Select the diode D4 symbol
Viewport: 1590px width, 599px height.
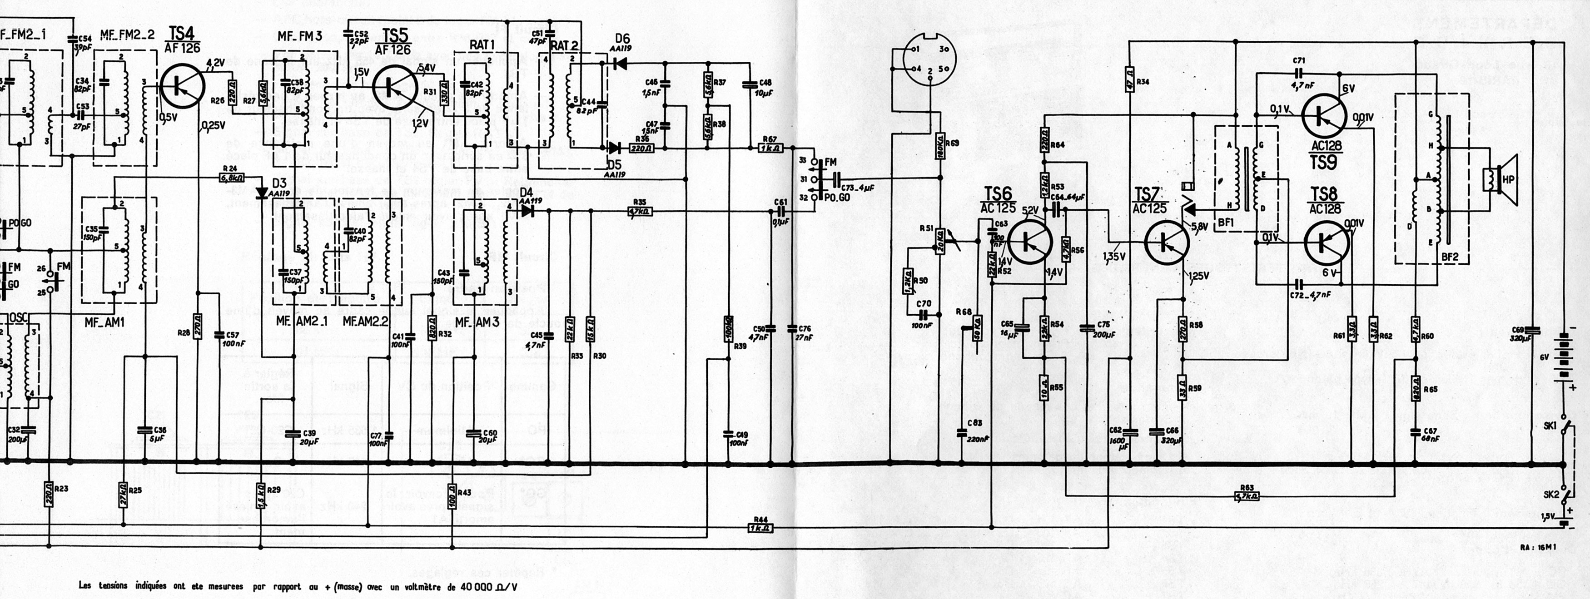(527, 210)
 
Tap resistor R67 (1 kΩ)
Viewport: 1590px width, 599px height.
(769, 148)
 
